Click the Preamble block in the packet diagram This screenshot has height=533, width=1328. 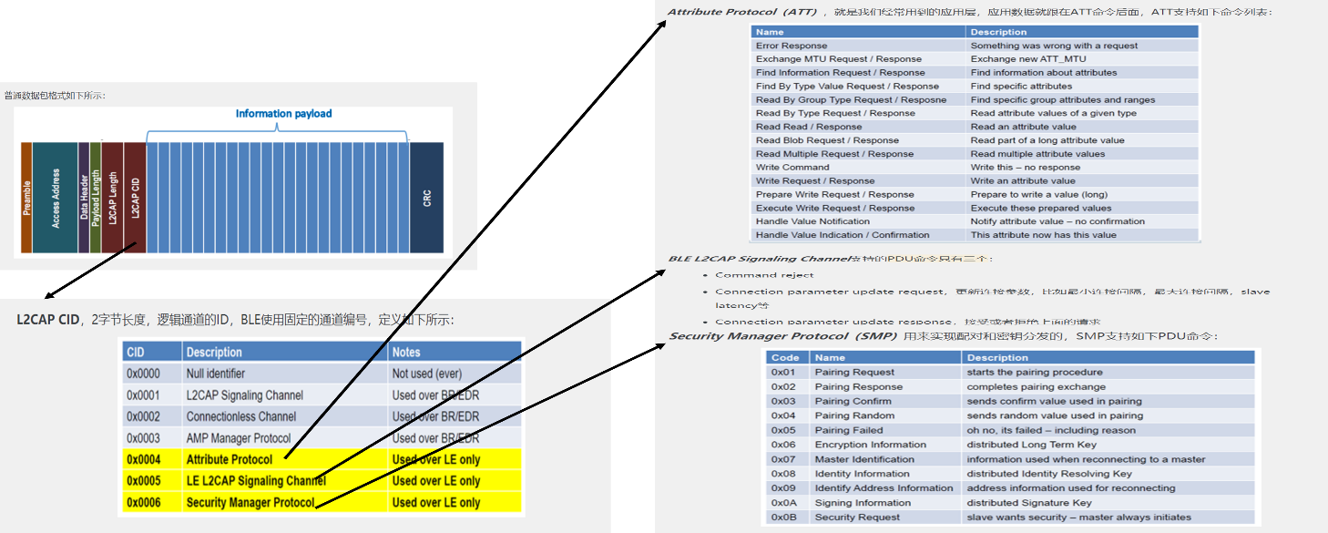(26, 198)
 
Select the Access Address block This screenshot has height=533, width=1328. (56, 198)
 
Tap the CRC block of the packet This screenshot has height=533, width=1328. (426, 198)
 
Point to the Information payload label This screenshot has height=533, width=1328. (283, 114)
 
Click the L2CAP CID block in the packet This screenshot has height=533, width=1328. (135, 198)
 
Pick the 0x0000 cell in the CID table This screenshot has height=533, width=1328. (143, 374)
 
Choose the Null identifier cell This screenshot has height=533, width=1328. (216, 374)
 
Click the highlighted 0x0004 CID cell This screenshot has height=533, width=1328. (144, 459)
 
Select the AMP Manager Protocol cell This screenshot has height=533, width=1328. (239, 438)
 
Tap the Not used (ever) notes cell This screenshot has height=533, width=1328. (427, 374)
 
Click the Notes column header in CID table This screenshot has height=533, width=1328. (406, 352)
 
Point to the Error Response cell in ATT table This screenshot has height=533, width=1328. (792, 46)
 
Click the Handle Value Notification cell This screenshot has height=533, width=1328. (812, 221)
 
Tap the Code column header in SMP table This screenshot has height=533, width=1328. (784, 358)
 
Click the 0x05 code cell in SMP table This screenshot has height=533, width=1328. (783, 430)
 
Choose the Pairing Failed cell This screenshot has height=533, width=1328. (848, 430)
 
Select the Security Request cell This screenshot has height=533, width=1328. (857, 518)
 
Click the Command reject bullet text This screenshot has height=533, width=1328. (764, 275)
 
